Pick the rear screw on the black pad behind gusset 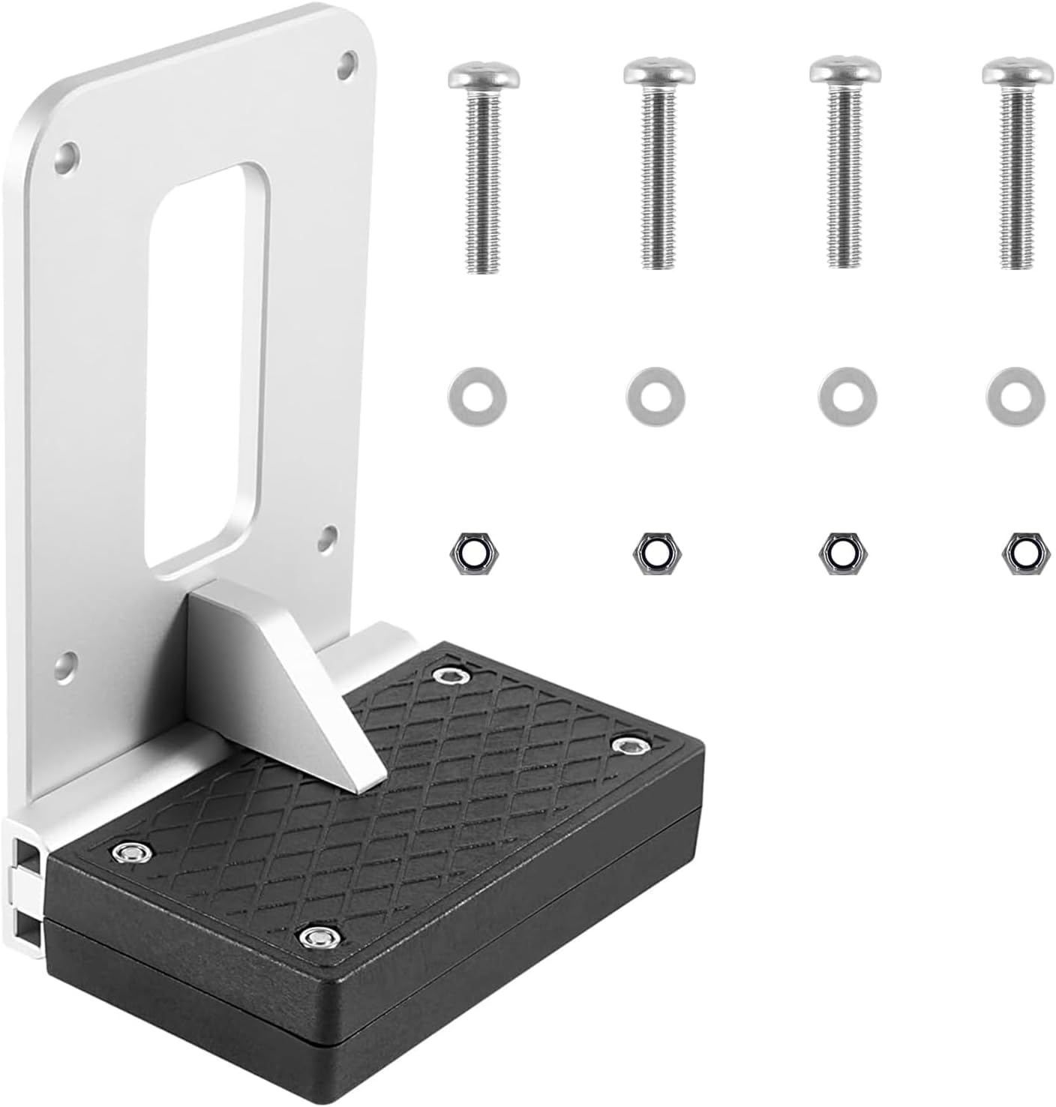[451, 676]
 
